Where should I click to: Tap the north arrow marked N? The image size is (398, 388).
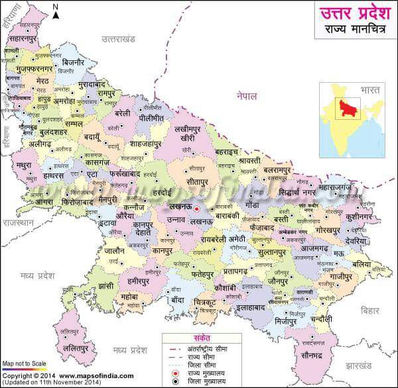coord(56,10)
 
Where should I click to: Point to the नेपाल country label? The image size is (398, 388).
coord(246,97)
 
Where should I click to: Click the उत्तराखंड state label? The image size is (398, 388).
coord(118,39)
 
